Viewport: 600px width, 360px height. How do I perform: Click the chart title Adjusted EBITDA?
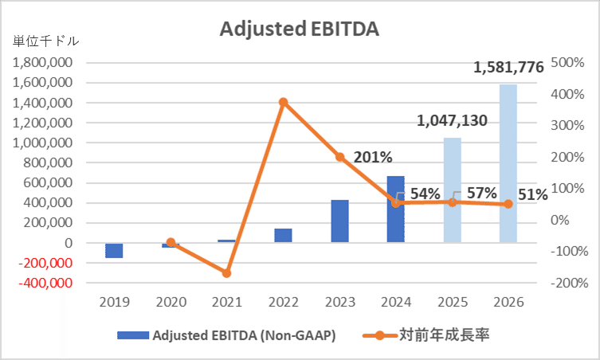(299, 29)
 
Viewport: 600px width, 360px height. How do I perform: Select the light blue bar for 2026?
(508, 163)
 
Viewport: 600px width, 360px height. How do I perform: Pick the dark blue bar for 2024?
(396, 209)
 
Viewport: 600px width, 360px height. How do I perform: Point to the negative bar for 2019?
(114, 251)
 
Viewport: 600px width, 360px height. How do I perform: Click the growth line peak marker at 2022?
(284, 102)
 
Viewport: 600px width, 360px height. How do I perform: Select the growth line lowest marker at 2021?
(227, 273)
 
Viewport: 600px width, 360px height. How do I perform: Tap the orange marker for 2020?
(171, 241)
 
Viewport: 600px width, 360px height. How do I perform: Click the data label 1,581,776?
(508, 68)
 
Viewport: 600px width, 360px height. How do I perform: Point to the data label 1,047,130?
(453, 120)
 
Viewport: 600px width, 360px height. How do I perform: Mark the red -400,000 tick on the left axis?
(45, 283)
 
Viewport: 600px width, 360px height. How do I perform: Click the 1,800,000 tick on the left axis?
(45, 63)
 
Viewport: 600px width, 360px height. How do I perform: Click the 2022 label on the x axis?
(284, 303)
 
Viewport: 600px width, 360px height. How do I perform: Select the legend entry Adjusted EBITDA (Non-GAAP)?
(226, 335)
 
